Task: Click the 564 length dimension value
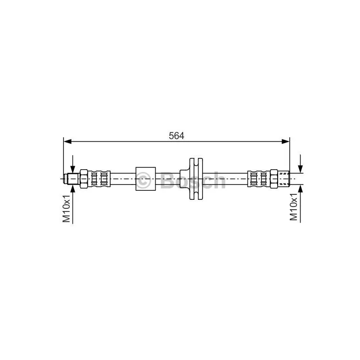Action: point(176,136)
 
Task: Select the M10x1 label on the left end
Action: point(66,208)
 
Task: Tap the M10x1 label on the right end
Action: point(293,207)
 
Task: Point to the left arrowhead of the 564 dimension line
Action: point(67,141)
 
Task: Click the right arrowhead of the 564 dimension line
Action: point(286,141)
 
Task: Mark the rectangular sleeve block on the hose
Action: point(145,179)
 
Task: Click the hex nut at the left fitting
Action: point(84,179)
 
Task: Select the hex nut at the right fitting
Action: point(274,179)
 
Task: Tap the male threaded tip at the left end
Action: point(72,179)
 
